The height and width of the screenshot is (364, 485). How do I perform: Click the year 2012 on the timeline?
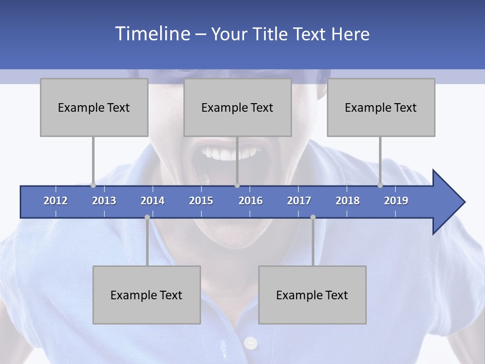(56, 201)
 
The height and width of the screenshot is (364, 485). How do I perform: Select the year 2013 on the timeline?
(104, 201)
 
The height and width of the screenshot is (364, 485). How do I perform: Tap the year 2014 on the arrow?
(153, 201)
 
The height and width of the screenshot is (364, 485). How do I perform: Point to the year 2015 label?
(201, 201)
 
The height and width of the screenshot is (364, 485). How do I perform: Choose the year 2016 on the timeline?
(251, 201)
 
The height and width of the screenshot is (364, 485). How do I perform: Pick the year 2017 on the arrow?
(299, 201)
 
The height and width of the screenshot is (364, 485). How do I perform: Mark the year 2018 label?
(348, 201)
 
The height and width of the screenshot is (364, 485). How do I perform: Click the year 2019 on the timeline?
(396, 201)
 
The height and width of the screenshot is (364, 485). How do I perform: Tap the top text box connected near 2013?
(94, 107)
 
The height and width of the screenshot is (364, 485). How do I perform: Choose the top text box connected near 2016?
(237, 107)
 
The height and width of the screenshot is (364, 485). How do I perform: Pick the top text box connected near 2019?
(381, 107)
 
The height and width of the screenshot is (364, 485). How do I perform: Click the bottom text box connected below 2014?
(147, 295)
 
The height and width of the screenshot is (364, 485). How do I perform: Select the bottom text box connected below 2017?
(312, 295)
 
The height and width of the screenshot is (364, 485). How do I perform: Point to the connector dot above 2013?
(93, 186)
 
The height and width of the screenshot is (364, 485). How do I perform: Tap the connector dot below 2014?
(147, 217)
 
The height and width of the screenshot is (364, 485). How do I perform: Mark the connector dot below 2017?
(313, 217)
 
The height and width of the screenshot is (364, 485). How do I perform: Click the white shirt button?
(250, 344)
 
